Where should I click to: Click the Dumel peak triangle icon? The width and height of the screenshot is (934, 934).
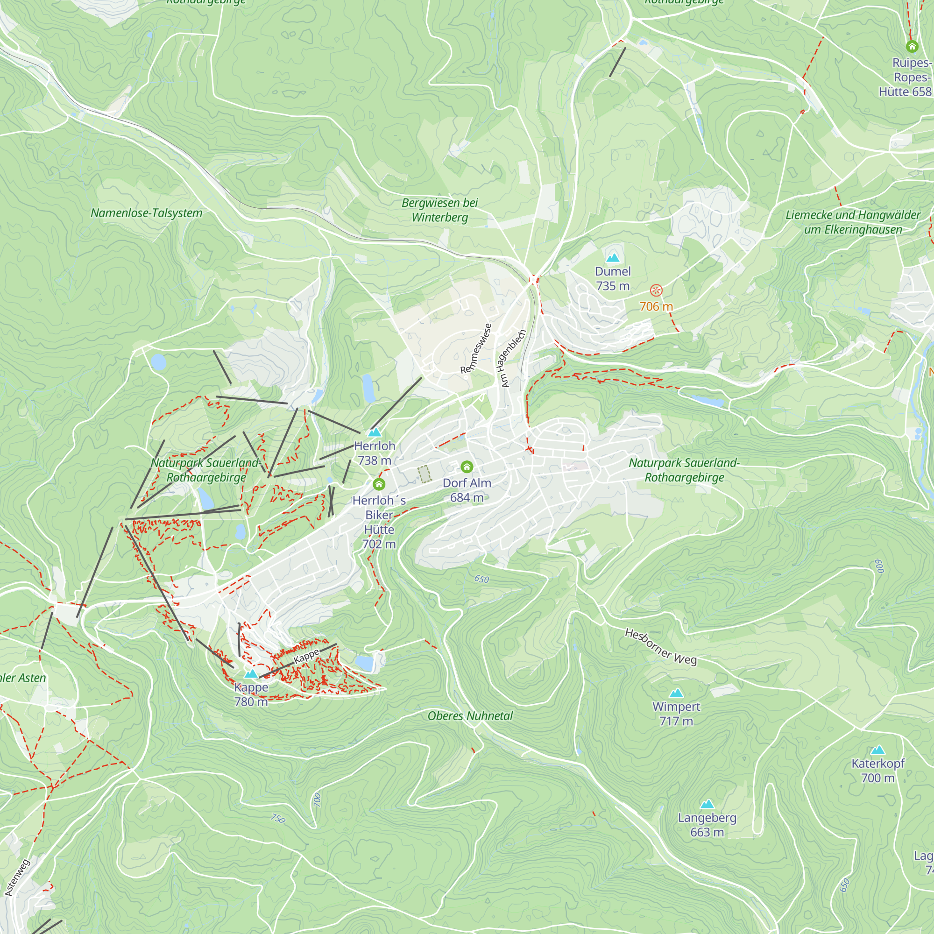pyautogui.click(x=613, y=258)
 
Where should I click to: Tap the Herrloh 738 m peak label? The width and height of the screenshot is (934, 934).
pyautogui.click(x=375, y=453)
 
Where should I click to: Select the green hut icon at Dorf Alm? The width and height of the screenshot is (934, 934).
pyautogui.click(x=467, y=467)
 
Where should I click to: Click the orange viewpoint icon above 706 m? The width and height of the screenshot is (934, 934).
pyautogui.click(x=656, y=290)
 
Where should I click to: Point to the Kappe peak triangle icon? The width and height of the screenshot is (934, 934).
pyautogui.click(x=250, y=674)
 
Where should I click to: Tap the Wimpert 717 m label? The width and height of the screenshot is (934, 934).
pyautogui.click(x=676, y=714)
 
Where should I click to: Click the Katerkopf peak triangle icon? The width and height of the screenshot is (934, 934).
pyautogui.click(x=877, y=750)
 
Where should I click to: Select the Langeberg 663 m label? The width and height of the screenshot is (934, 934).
pyautogui.click(x=707, y=825)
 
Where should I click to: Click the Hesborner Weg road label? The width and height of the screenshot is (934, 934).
pyautogui.click(x=661, y=646)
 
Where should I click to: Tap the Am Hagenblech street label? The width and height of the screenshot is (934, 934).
pyautogui.click(x=513, y=358)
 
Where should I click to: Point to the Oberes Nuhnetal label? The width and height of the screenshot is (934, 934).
pyautogui.click(x=470, y=716)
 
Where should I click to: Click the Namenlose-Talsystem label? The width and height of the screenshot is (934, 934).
pyautogui.click(x=147, y=213)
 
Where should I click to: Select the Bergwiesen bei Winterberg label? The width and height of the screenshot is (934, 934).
pyautogui.click(x=439, y=210)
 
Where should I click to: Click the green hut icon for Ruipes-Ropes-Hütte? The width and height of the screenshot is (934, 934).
pyautogui.click(x=912, y=46)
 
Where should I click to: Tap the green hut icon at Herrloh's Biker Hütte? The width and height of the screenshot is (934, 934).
pyautogui.click(x=379, y=484)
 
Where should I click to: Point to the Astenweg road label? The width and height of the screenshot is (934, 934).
pyautogui.click(x=17, y=877)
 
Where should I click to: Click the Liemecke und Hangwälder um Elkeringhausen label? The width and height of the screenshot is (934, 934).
pyautogui.click(x=853, y=222)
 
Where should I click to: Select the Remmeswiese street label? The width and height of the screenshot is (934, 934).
pyautogui.click(x=476, y=348)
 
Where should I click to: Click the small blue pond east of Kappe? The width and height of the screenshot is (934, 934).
pyautogui.click(x=365, y=663)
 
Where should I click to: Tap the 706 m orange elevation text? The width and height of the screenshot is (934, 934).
pyautogui.click(x=656, y=306)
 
